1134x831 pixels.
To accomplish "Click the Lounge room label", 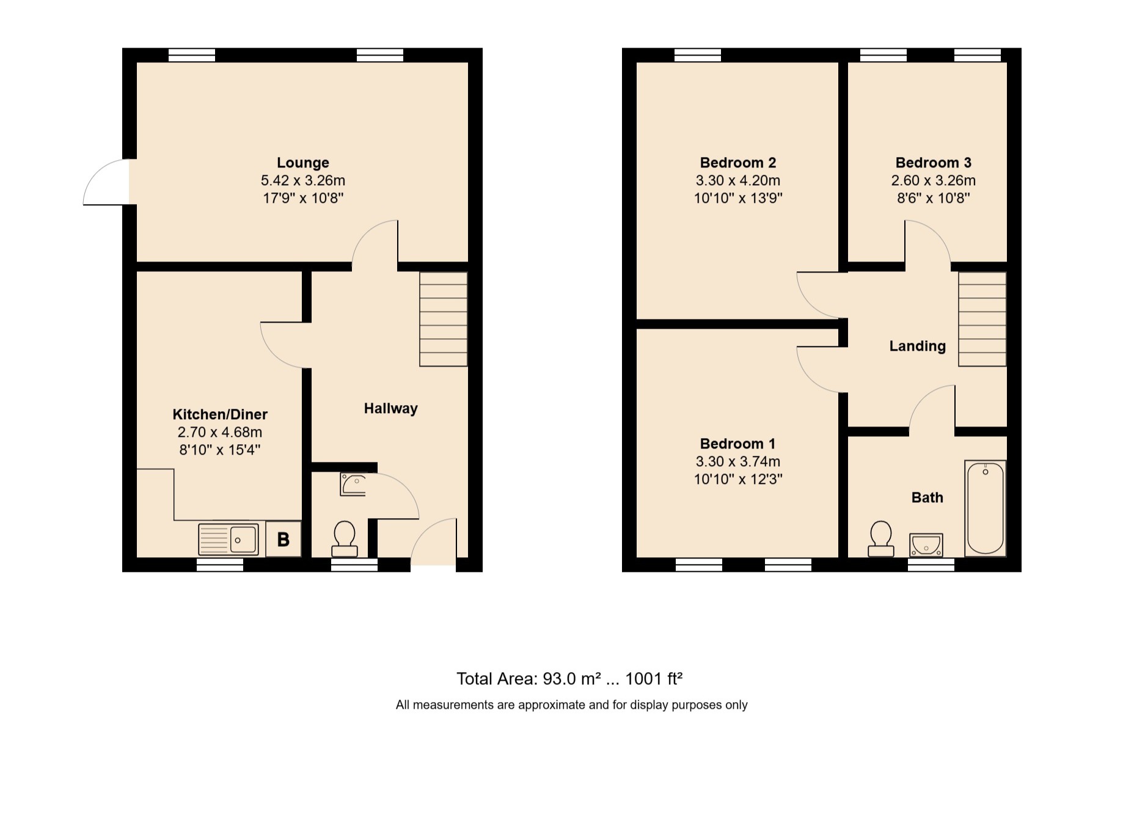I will click(x=302, y=163).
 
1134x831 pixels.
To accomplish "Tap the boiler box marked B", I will click(x=283, y=539).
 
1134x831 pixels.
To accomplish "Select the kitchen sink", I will click(x=229, y=540).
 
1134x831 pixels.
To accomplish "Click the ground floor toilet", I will click(x=345, y=538).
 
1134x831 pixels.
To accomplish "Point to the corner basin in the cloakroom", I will click(x=353, y=485).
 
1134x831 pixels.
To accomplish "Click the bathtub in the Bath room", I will click(x=985, y=508).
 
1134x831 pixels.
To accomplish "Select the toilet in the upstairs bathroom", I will click(x=880, y=538).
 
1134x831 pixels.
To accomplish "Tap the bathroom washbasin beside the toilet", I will click(x=926, y=544).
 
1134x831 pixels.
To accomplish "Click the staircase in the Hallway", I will click(x=444, y=319).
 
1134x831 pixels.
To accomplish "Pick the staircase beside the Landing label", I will click(x=982, y=319).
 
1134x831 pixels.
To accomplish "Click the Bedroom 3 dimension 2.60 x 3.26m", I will click(x=933, y=181).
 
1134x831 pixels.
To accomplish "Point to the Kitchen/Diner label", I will click(x=220, y=414).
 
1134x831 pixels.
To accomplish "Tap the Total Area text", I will click(x=569, y=679).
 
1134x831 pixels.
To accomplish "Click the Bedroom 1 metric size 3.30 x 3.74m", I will click(x=737, y=462).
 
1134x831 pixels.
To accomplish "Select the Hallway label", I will click(x=390, y=408).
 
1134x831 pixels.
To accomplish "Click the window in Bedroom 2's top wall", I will click(x=697, y=56).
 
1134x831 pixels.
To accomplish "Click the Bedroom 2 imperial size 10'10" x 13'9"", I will click(x=737, y=199).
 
